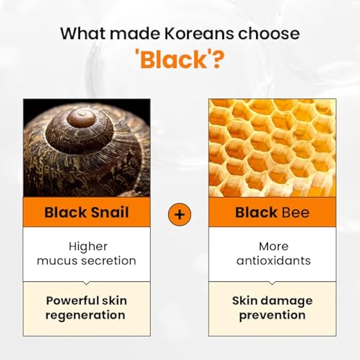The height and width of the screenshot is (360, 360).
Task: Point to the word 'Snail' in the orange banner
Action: (110, 212)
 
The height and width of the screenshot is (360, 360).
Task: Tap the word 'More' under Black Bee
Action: (273, 246)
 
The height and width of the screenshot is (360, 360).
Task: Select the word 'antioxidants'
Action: (273, 260)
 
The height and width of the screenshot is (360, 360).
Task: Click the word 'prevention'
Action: (272, 314)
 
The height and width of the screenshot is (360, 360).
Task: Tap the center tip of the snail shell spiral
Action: (81, 117)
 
